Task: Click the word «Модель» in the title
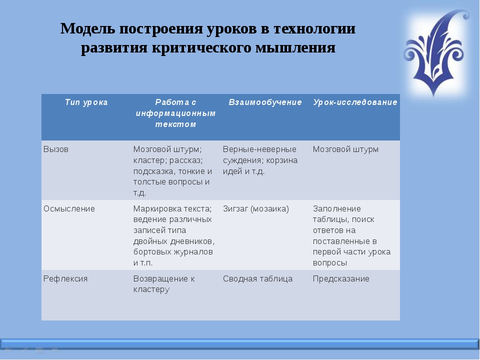click(87, 29)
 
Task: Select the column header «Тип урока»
click(86, 102)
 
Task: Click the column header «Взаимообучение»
click(265, 102)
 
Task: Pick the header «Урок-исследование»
click(355, 102)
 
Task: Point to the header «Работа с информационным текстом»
click(175, 113)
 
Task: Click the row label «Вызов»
click(56, 149)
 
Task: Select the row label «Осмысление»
click(69, 209)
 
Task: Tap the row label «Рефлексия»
click(65, 279)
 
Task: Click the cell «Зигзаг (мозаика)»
click(256, 209)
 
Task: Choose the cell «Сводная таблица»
click(258, 279)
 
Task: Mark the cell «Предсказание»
click(341, 279)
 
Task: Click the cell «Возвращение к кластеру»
click(164, 284)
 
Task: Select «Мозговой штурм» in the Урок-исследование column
click(345, 149)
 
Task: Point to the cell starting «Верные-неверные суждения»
click(260, 160)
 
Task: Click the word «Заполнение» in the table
click(336, 209)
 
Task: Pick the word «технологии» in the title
click(314, 29)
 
